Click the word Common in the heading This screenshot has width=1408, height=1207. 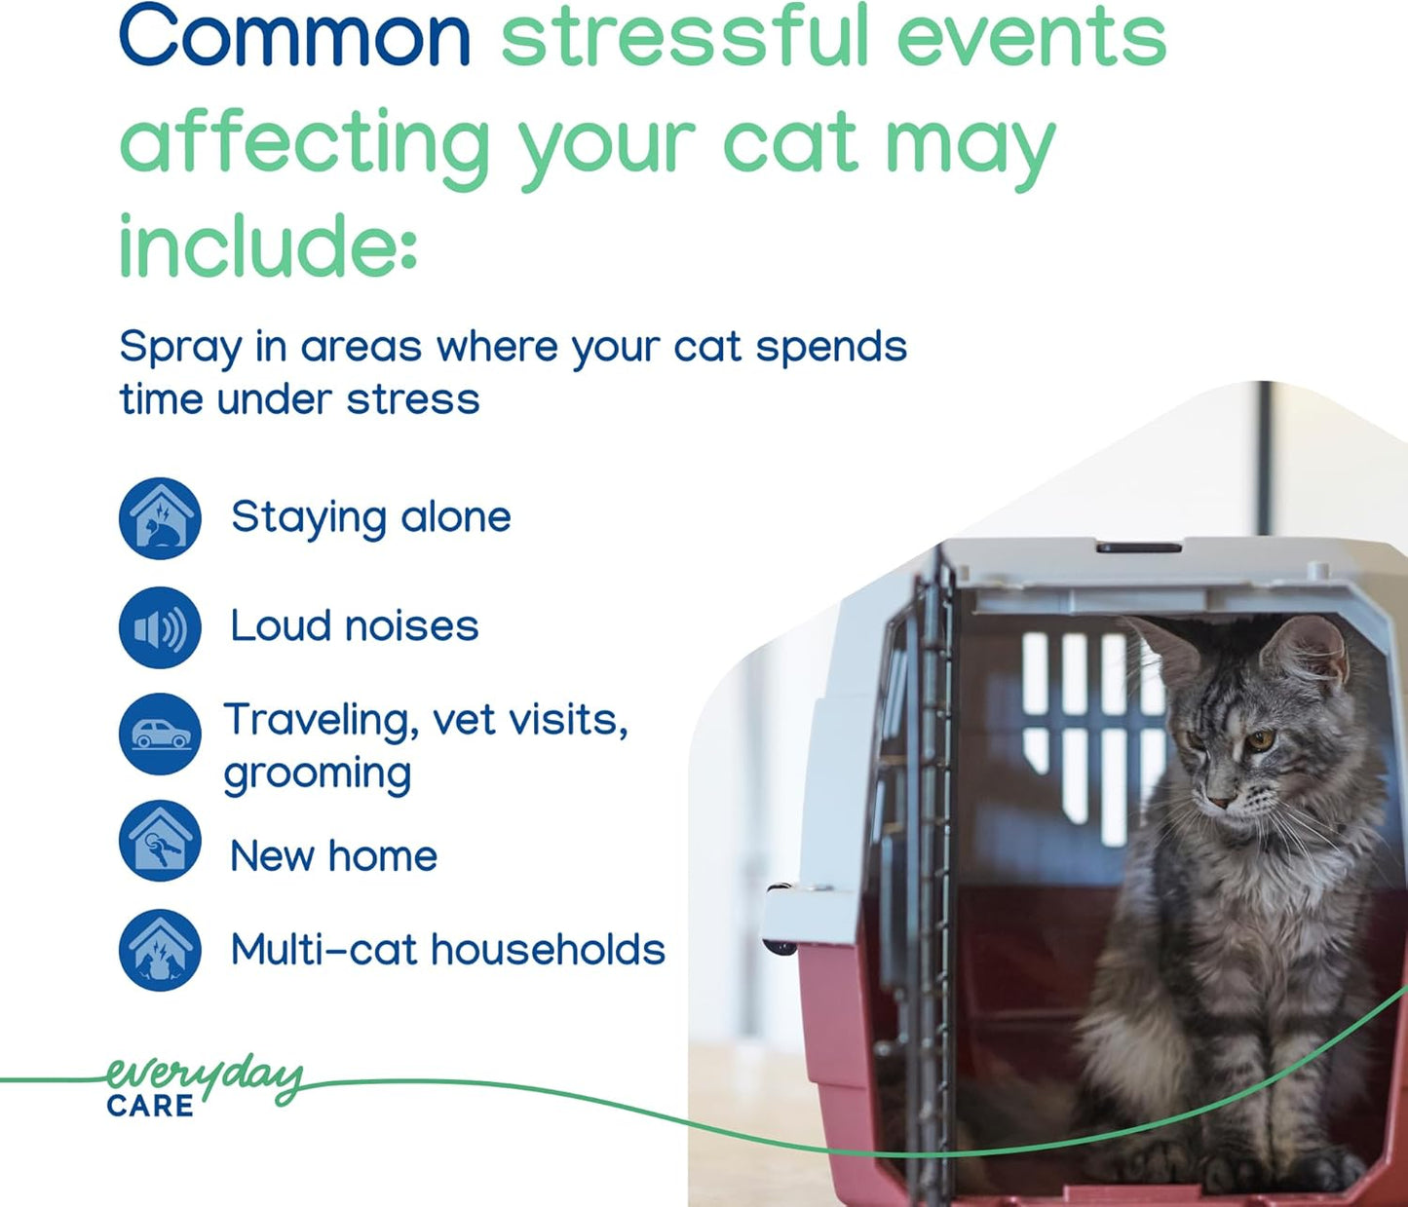(x=293, y=37)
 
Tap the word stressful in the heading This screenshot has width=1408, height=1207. (x=681, y=37)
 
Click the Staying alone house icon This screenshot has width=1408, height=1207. (x=160, y=518)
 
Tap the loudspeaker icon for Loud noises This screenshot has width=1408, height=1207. (x=160, y=628)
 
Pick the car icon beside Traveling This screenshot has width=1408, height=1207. (x=160, y=735)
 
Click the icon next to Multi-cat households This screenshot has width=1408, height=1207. (x=160, y=950)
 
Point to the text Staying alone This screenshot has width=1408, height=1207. (x=370, y=517)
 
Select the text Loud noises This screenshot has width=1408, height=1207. (x=354, y=626)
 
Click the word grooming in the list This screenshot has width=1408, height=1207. (x=318, y=774)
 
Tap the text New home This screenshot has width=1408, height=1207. (x=333, y=857)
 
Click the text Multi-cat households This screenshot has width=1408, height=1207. (x=447, y=950)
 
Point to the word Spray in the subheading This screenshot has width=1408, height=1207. (x=179, y=348)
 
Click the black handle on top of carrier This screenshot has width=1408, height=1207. (x=1138, y=548)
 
